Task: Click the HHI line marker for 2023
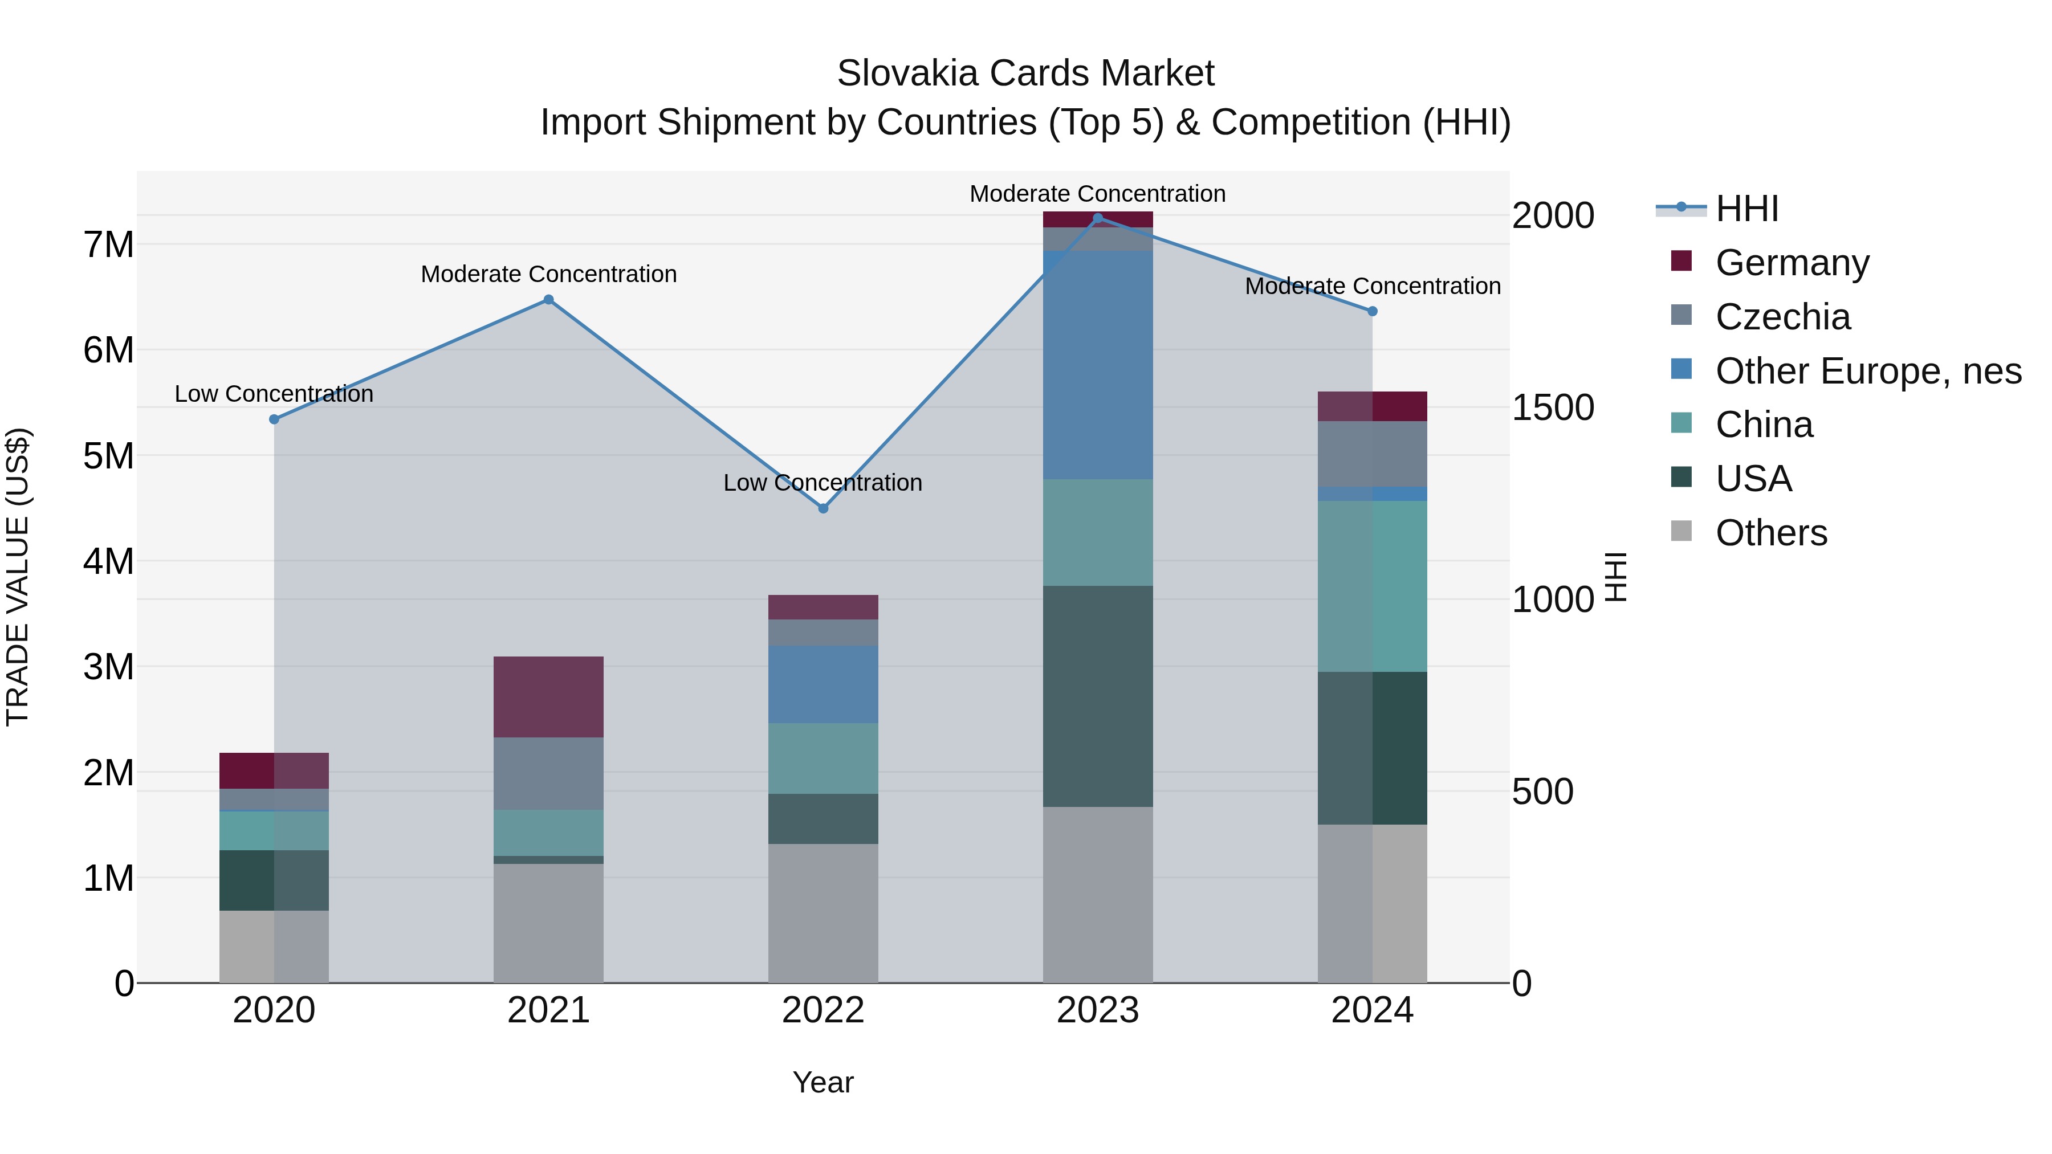(x=1098, y=218)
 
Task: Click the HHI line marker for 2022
(x=824, y=508)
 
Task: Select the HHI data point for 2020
(x=274, y=419)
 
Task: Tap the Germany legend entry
(x=1792, y=263)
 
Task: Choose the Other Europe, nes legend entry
(x=1868, y=371)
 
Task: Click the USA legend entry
(x=1753, y=479)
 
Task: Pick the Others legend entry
(x=1771, y=533)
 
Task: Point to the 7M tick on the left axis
(x=108, y=244)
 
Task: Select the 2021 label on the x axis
(x=548, y=1010)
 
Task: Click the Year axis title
(x=823, y=1082)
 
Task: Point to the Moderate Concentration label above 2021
(x=548, y=274)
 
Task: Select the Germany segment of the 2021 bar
(x=548, y=697)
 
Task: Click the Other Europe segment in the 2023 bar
(x=1098, y=365)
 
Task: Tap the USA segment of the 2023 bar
(x=1098, y=696)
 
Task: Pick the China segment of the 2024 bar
(x=1372, y=586)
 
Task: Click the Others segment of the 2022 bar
(x=823, y=913)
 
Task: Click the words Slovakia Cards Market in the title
(x=1025, y=74)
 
